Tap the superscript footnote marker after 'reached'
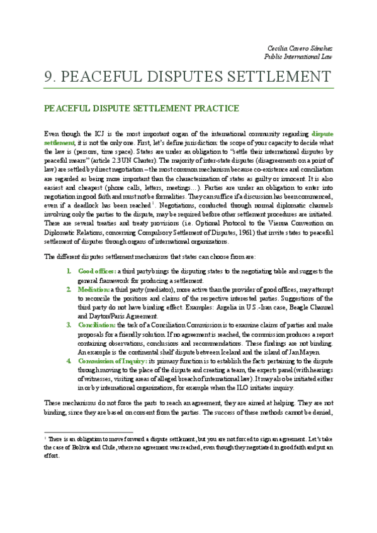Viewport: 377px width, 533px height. (x=154, y=186)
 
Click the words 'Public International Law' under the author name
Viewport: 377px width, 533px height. (x=298, y=57)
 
